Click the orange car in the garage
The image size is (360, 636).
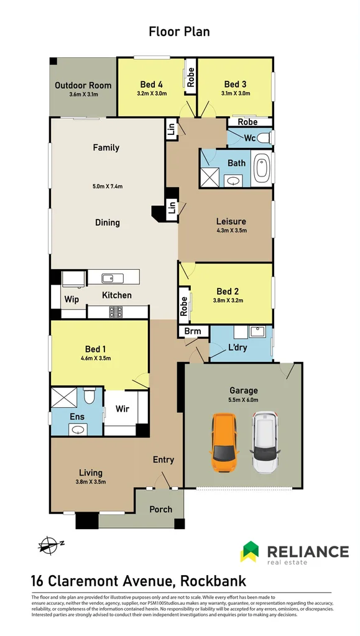pos(224,443)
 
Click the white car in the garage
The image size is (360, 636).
pos(264,443)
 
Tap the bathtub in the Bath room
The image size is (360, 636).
pos(261,168)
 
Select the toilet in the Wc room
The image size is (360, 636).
pos(265,138)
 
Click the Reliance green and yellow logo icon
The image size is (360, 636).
pos(249,551)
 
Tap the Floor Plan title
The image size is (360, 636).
pos(179,31)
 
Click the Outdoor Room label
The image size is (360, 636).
pos(83,86)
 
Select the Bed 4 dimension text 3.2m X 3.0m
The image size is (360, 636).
pos(151,93)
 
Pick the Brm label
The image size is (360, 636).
pos(192,331)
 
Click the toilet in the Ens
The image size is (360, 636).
pos(89,395)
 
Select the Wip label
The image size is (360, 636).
pos(72,300)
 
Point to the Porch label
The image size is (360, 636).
pos(160,509)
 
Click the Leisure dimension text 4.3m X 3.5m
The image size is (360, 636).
pos(231,231)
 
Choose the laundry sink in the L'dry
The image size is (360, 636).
pos(257,332)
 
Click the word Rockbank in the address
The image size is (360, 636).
pos(213,581)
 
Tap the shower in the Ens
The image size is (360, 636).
pos(63,397)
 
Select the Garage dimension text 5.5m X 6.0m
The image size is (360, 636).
pos(244,400)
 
